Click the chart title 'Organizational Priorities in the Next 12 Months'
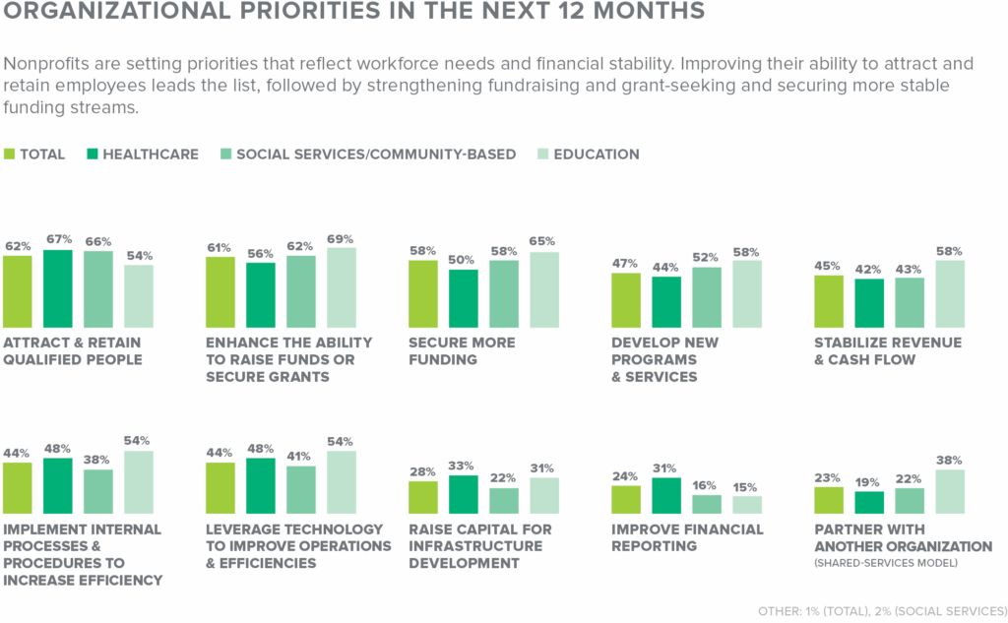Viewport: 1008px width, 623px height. coord(353,13)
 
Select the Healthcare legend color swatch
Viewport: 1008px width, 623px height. coord(93,155)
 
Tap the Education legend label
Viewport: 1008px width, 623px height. coord(596,155)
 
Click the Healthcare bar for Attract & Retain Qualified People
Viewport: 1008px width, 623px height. coord(58,288)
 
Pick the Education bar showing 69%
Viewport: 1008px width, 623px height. coord(342,287)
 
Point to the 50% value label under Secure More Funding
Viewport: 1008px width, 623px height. coord(463,258)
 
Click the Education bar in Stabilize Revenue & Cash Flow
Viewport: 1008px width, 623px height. coord(949,293)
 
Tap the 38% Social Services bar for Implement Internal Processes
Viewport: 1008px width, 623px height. coord(98,491)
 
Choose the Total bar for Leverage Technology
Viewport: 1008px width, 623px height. coord(220,487)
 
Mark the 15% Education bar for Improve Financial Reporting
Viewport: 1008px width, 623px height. coord(747,504)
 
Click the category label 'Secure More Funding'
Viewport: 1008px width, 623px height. coord(462,350)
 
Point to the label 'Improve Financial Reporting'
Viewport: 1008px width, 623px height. coord(687,537)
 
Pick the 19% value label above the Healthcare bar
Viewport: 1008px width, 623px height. coord(868,480)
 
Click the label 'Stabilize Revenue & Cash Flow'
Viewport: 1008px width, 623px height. coord(887,350)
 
